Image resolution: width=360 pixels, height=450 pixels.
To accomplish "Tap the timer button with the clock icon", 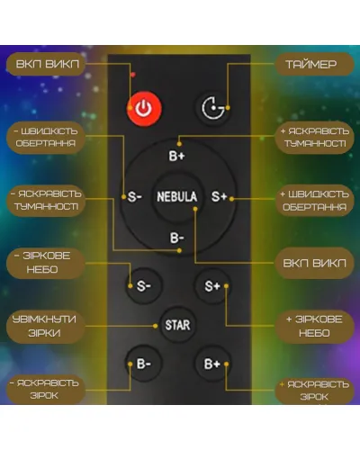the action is pyautogui.click(x=213, y=108).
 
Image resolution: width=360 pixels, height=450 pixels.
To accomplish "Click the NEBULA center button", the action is pyautogui.click(x=177, y=196).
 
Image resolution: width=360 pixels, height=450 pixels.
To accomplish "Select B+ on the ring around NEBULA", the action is pyautogui.click(x=177, y=156).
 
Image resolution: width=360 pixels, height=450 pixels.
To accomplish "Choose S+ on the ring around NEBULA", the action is pyautogui.click(x=219, y=196).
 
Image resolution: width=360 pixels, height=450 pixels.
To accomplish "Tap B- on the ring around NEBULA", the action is pyautogui.click(x=177, y=238).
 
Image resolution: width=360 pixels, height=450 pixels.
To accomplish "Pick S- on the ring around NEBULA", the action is pyautogui.click(x=134, y=197).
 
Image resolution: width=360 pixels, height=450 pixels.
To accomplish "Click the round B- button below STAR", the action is pyautogui.click(x=144, y=364).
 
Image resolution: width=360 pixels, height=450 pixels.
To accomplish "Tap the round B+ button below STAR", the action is pyautogui.click(x=212, y=364).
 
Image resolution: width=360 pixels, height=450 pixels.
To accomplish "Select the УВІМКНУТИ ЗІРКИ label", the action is pyautogui.click(x=45, y=326).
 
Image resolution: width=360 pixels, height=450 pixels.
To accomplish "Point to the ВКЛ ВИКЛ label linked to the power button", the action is pyautogui.click(x=47, y=64).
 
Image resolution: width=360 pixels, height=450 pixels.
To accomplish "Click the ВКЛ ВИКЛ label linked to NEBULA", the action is pyautogui.click(x=314, y=263).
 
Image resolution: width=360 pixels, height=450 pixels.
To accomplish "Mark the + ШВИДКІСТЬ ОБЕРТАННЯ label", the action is pyautogui.click(x=314, y=200).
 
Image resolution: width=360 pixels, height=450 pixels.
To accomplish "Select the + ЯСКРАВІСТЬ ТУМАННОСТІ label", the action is pyautogui.click(x=314, y=138).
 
